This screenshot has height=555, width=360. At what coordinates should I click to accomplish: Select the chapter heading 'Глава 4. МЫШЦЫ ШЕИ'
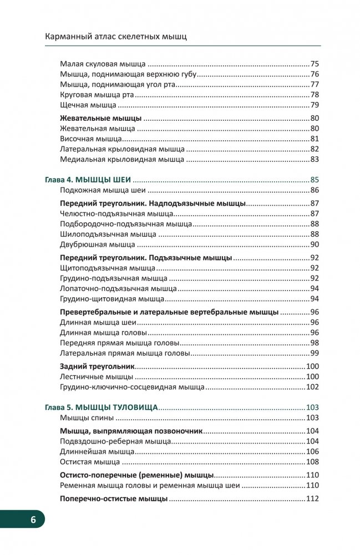(88, 180)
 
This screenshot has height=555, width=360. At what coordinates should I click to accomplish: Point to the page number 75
(315, 64)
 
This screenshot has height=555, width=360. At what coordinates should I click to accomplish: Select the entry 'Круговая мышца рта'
(94, 95)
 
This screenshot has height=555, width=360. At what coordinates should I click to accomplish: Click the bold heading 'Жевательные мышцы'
(100, 118)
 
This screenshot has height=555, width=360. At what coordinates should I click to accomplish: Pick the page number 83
(315, 160)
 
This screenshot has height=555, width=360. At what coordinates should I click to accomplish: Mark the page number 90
(315, 245)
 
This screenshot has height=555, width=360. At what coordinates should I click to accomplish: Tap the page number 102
(312, 387)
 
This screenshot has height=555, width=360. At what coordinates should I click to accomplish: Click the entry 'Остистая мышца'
(89, 462)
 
